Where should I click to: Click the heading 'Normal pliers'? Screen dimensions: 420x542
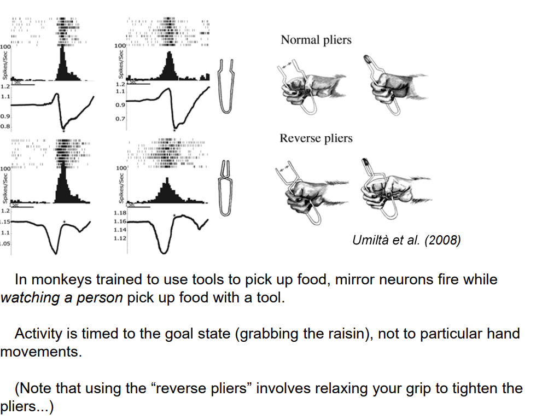point(316,40)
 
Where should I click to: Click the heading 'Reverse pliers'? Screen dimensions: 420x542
point(316,138)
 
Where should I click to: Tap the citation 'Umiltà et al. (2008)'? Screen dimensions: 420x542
point(407,240)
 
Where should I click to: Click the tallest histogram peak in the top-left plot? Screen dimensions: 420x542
point(63,49)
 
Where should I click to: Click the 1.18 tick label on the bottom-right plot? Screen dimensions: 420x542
point(120,213)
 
